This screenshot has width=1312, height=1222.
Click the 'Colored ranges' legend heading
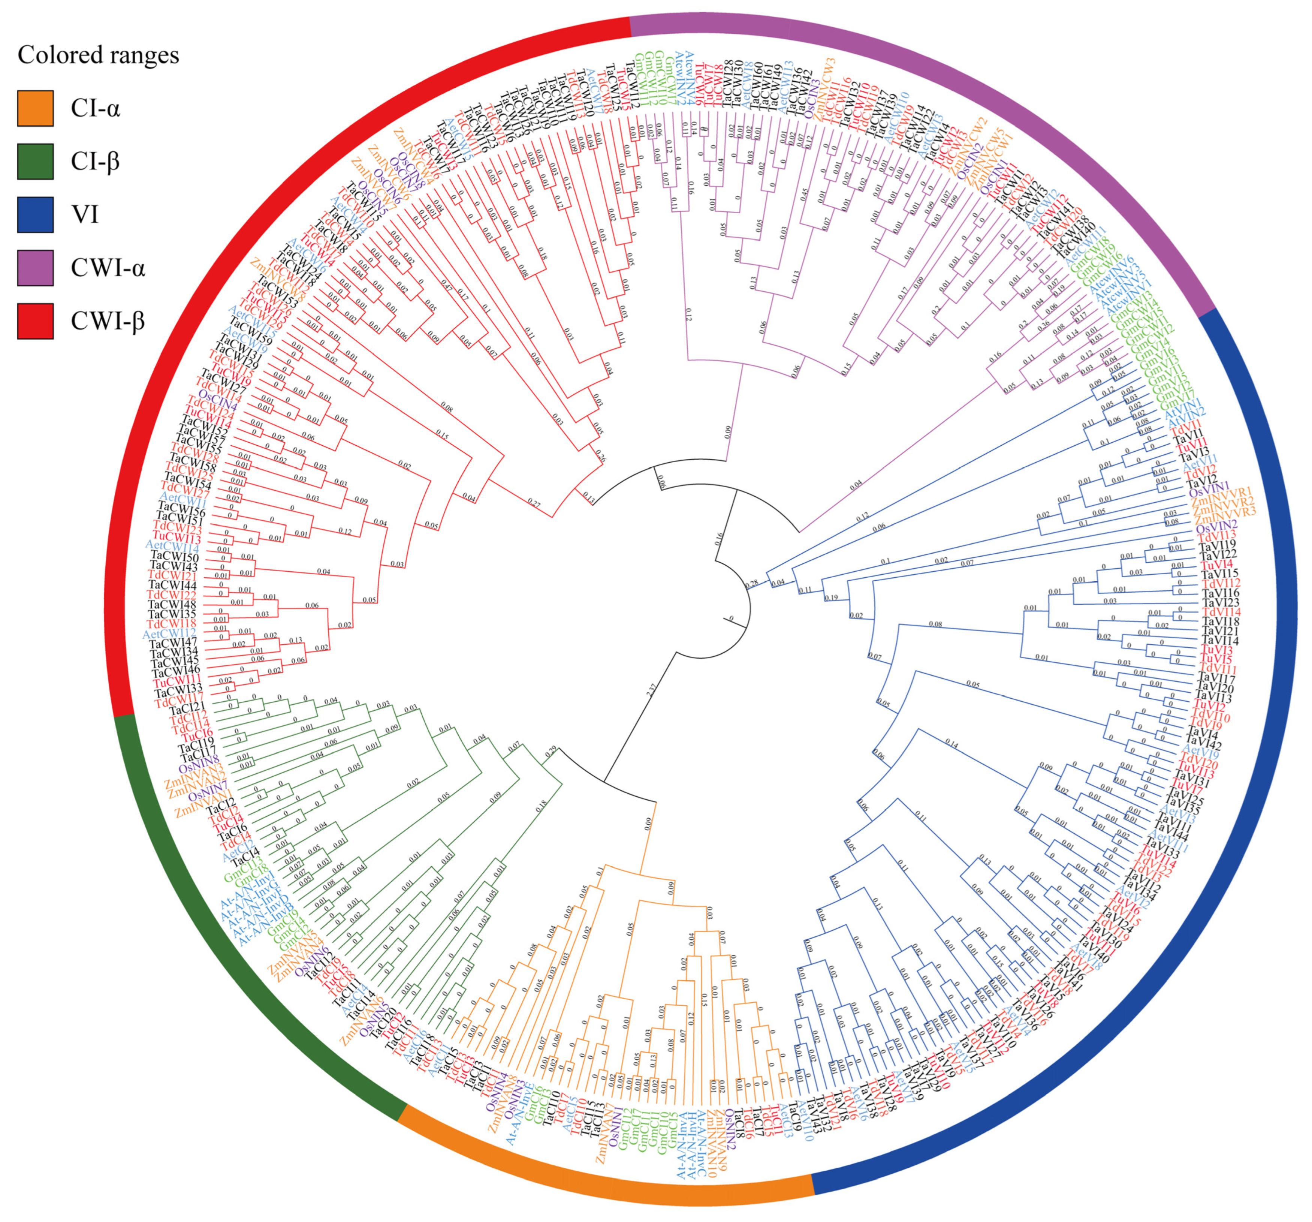(98, 55)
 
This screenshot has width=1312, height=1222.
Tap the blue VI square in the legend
(35, 214)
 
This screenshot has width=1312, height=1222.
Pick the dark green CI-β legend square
(35, 161)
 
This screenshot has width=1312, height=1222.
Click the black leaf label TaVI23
(1219, 603)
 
